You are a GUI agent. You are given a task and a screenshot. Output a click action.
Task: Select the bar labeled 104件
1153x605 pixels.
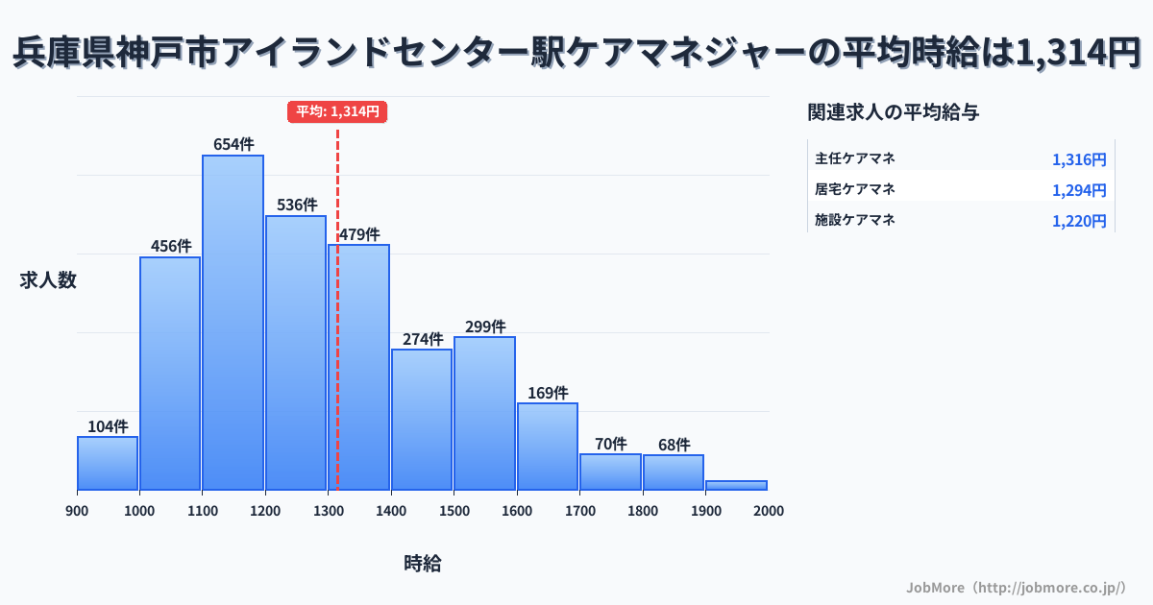point(108,463)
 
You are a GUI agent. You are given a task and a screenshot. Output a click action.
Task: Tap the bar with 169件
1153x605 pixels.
point(548,447)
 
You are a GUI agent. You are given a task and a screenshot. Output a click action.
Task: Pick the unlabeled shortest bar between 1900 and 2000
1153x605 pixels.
point(736,485)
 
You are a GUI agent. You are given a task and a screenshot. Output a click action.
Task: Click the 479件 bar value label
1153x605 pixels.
point(359,234)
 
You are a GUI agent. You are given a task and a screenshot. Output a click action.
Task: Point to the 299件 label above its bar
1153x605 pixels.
point(485,327)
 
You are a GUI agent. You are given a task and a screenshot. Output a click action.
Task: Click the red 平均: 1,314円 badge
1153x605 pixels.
point(337,111)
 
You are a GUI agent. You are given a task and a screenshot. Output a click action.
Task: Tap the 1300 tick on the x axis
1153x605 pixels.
point(328,511)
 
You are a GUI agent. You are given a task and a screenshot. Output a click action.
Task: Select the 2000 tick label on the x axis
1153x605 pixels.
point(769,511)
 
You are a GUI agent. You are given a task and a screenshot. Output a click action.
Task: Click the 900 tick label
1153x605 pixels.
point(77,511)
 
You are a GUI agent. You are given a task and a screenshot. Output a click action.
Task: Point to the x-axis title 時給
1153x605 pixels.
point(423,564)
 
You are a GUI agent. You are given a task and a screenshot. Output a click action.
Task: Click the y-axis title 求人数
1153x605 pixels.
point(48,280)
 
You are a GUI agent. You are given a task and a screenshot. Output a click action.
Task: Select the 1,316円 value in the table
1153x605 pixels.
point(1079,159)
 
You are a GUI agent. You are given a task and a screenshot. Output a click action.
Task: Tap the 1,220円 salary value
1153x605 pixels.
point(1079,221)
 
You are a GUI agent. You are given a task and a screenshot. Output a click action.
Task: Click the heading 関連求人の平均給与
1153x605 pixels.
point(894,112)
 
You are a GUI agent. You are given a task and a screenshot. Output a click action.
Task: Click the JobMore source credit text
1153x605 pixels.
point(1016,587)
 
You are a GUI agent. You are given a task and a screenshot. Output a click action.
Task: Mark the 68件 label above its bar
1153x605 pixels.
point(674,445)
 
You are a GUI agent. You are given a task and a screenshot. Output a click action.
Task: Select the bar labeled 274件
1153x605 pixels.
point(422,420)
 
